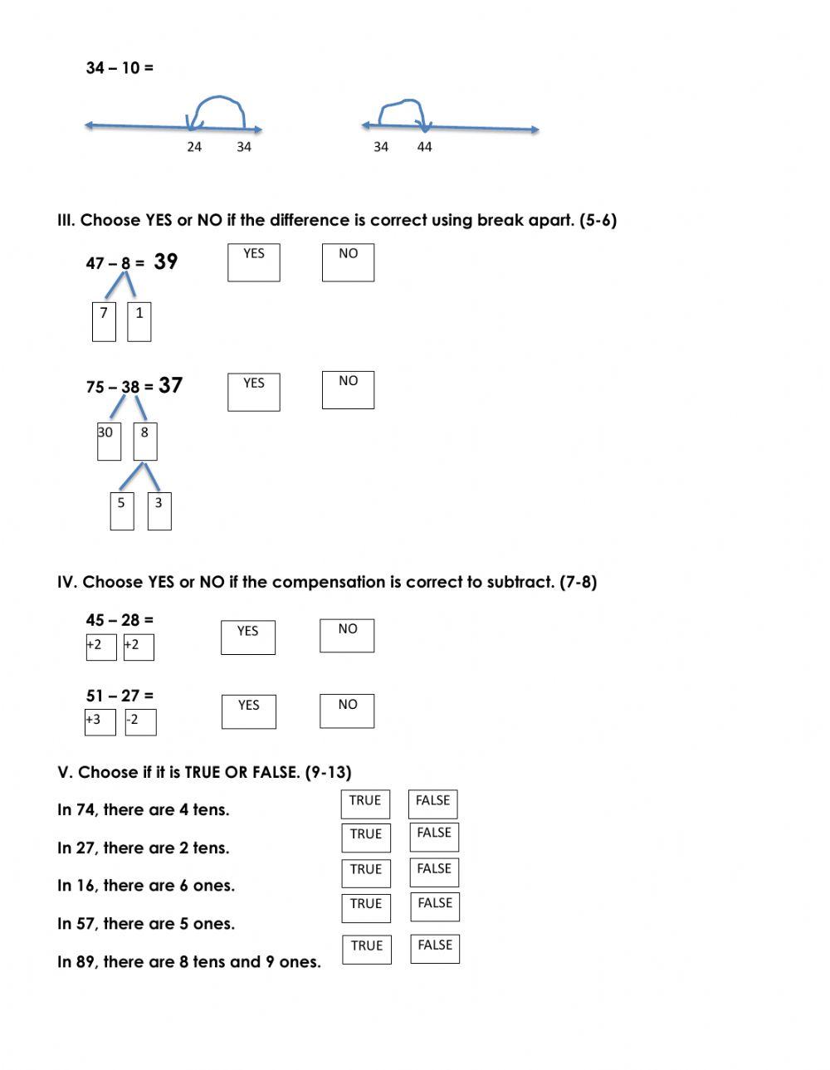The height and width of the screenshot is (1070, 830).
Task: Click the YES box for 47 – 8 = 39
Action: (x=253, y=262)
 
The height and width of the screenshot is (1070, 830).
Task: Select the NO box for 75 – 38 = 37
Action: (x=348, y=390)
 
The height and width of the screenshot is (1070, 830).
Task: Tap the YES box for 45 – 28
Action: (x=247, y=638)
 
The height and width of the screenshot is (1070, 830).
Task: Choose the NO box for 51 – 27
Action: (x=347, y=711)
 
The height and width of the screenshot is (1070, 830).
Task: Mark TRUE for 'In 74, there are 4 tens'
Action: (x=365, y=804)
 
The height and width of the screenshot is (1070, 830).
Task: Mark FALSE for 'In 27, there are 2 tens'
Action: (x=433, y=837)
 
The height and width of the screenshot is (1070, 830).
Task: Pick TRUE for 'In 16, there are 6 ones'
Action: (x=365, y=872)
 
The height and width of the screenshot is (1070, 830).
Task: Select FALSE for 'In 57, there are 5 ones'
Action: (x=435, y=907)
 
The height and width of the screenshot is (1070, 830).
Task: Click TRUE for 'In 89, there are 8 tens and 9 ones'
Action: (x=366, y=949)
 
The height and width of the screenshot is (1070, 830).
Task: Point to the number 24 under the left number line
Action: (x=193, y=147)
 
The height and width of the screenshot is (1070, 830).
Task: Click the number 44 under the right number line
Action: (x=424, y=147)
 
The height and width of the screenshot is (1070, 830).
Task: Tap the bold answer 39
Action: (x=166, y=261)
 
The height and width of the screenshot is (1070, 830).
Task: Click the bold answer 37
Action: (x=170, y=385)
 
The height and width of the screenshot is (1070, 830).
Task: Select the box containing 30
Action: (x=109, y=441)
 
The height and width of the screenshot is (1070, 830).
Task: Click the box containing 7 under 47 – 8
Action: (x=104, y=321)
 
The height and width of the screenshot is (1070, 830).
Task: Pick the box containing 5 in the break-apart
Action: (x=122, y=511)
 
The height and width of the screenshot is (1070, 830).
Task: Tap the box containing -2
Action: (x=140, y=722)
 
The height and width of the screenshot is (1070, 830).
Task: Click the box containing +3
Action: (x=100, y=722)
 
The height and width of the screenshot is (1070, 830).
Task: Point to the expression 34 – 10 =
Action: (x=120, y=68)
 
